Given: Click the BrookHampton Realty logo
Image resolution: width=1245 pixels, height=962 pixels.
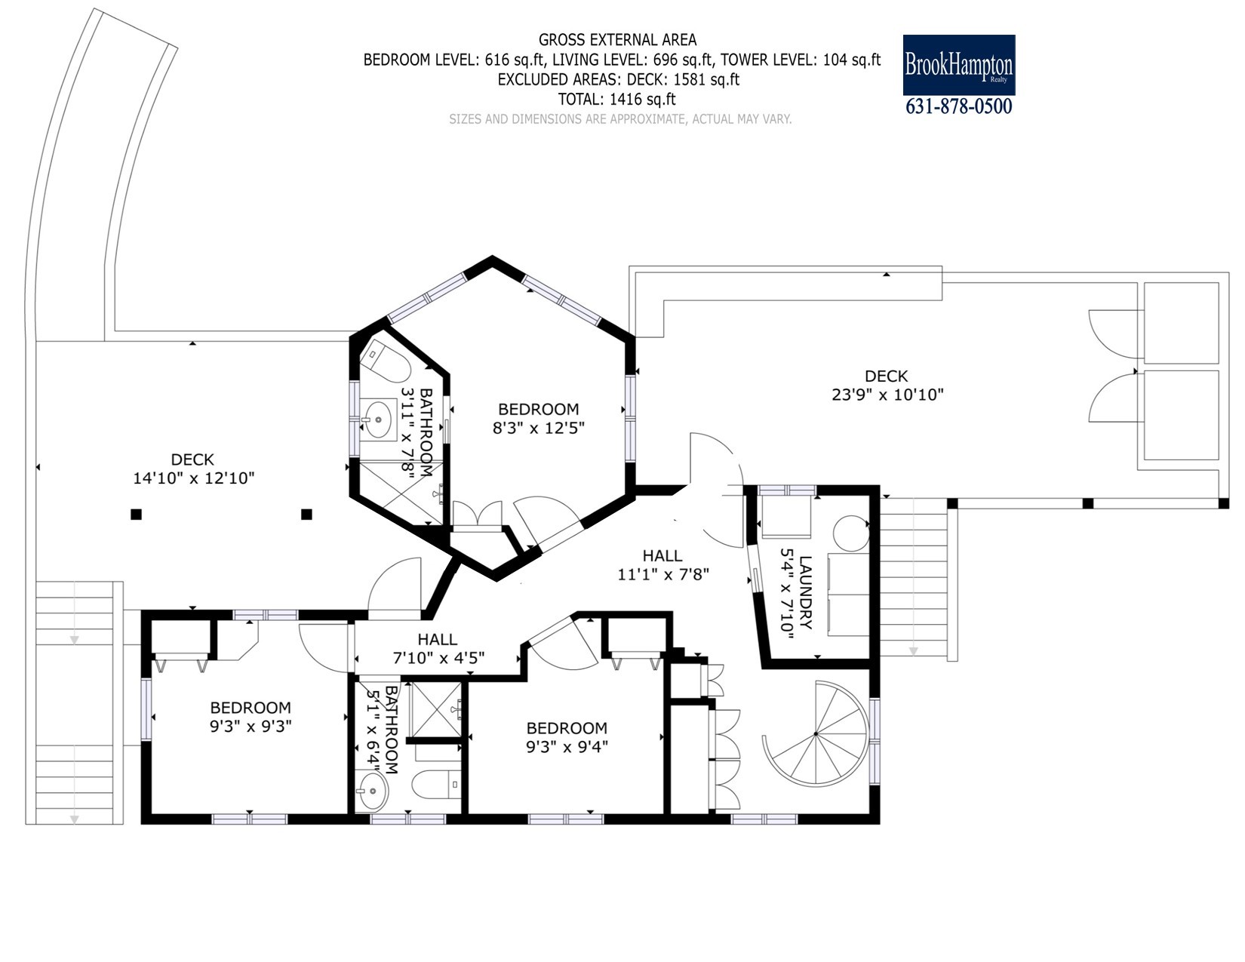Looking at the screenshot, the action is [958, 65].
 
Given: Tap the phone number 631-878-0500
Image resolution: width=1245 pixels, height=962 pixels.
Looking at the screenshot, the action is [958, 106].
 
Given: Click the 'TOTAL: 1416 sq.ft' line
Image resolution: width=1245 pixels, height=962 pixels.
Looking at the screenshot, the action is [617, 99].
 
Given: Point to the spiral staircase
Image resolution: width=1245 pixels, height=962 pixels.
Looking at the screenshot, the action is [816, 733].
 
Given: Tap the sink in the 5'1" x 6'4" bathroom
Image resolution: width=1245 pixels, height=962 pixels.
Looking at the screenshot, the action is [372, 791].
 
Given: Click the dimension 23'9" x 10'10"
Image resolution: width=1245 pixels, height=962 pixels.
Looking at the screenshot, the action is [887, 394].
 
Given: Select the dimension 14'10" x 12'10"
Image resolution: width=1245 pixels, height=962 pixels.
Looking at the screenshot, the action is [194, 478].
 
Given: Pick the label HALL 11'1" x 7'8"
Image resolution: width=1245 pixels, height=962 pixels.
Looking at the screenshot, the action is [663, 564].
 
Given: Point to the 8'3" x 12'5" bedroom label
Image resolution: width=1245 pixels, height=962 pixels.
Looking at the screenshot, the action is [539, 418].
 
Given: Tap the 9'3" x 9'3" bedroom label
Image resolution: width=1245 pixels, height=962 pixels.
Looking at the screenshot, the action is [251, 717].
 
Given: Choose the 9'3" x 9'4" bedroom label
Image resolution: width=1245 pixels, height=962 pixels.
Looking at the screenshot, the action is [567, 737].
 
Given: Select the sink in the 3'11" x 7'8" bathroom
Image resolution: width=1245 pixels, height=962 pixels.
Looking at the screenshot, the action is [378, 420].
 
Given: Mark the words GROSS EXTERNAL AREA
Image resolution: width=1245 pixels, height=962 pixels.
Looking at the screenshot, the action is [618, 40].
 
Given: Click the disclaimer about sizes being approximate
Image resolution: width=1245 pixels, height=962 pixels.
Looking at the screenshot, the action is [620, 119].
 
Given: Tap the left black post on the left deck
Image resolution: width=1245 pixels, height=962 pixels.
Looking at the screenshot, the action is [136, 514].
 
